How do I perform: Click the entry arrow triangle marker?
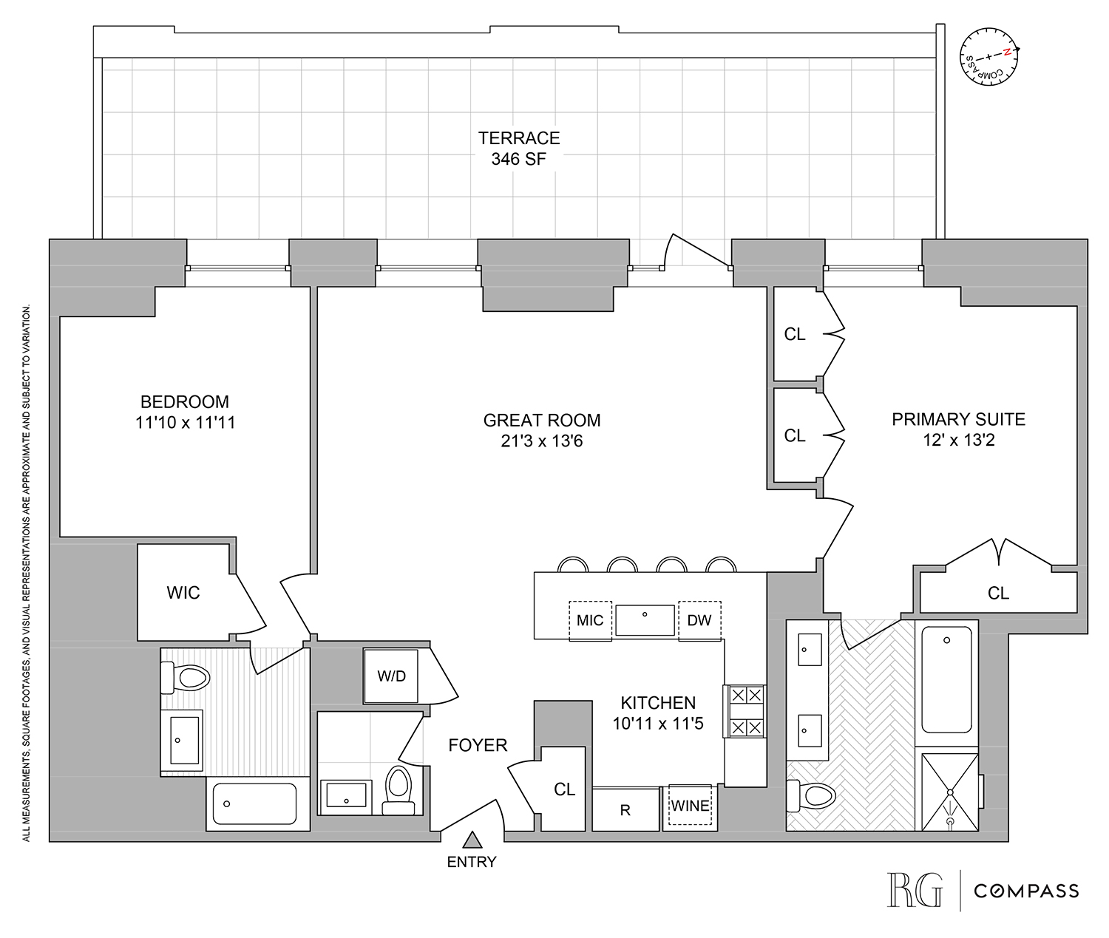[472, 840]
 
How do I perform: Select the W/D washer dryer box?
[390, 676]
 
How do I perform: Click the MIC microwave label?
[590, 620]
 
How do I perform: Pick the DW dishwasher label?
[699, 620]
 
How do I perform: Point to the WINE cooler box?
[690, 806]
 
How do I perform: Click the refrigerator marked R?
[625, 810]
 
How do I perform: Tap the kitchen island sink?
[645, 619]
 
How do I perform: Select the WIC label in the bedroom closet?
[183, 593]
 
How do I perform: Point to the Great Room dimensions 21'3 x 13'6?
[541, 441]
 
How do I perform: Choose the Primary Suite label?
[958, 419]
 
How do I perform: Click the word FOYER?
[478, 745]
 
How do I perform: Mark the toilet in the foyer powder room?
[399, 789]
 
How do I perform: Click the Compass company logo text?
[1026, 891]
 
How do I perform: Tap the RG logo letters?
[915, 890]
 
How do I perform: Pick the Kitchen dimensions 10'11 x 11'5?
[658, 724]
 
